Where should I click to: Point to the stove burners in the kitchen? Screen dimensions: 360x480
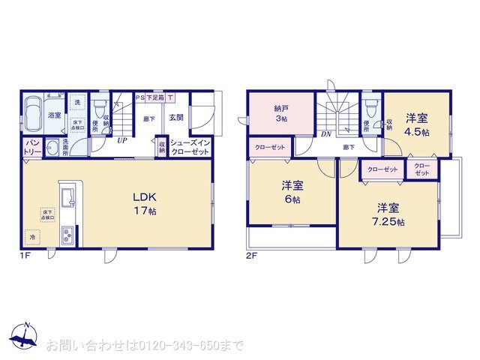[66, 234]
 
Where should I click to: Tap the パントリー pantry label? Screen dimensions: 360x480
[31, 146]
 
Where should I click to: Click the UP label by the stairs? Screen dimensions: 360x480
[121, 139]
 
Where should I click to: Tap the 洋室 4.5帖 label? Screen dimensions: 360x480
[418, 124]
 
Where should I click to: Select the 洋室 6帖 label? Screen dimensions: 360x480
[292, 193]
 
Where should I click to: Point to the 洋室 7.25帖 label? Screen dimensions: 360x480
[390, 214]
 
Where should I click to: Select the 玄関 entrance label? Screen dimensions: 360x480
[176, 118]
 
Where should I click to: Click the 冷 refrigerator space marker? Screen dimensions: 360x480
[33, 237]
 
